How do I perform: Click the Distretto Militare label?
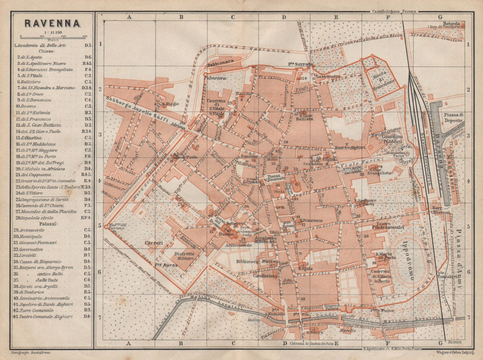point(184,256)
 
